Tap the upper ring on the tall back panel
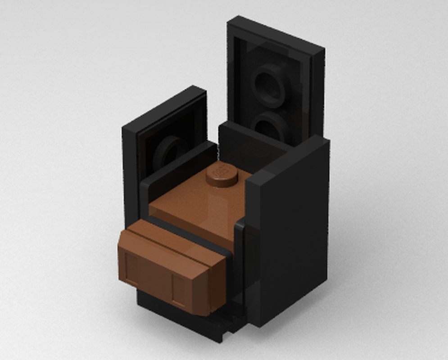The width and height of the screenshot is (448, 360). [x=269, y=84]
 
